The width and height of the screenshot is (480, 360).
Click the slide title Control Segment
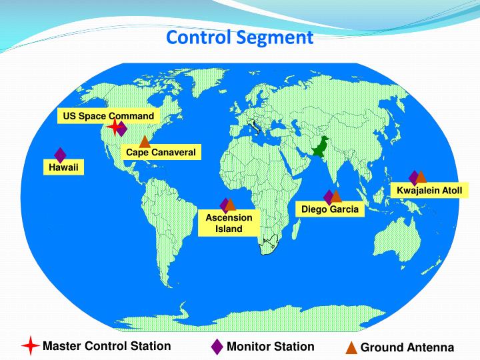tap(239, 37)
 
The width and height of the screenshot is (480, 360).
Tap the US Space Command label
tap(109, 116)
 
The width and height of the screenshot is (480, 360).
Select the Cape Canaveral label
tap(161, 153)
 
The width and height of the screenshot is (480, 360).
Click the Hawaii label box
tap(63, 167)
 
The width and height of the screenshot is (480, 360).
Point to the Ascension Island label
tap(229, 223)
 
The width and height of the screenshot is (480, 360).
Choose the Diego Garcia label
tap(329, 209)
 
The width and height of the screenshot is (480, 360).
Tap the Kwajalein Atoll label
tap(429, 191)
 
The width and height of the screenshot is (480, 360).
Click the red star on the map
tap(114, 127)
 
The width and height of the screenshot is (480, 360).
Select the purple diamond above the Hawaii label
tap(60, 155)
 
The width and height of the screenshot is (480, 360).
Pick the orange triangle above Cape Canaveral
tap(145, 141)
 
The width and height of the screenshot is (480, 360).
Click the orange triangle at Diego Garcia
tap(337, 197)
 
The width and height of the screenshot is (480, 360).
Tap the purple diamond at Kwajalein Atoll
tap(414, 177)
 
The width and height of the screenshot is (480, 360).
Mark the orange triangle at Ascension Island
tap(231, 205)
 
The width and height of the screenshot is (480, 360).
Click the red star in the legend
tap(30, 346)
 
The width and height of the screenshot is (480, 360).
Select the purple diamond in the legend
tap(217, 347)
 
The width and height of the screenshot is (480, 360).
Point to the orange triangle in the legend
tap(351, 348)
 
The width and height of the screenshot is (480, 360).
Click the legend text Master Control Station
tap(107, 346)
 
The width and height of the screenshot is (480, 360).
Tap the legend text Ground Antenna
tap(407, 348)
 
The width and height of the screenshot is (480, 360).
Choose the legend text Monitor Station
tap(270, 346)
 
